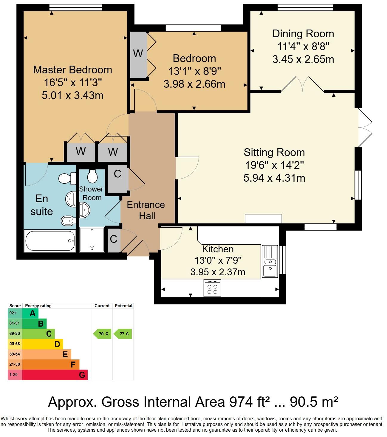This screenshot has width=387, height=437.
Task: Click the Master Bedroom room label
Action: pyautogui.click(x=72, y=70)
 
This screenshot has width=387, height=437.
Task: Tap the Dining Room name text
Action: pyautogui.click(x=303, y=34)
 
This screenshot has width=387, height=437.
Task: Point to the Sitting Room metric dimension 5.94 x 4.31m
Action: pyautogui.click(x=274, y=178)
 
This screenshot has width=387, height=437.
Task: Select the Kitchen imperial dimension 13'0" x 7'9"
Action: pyautogui.click(x=218, y=260)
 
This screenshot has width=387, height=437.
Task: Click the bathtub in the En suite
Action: pyautogui.click(x=50, y=241)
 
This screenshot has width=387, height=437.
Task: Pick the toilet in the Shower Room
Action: pyautogui.click(x=92, y=176)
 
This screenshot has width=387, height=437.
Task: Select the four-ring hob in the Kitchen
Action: pyautogui.click(x=212, y=288)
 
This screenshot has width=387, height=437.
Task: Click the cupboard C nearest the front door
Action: pyautogui.click(x=114, y=240)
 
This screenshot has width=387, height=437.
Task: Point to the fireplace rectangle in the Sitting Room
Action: pyautogui.click(x=263, y=219)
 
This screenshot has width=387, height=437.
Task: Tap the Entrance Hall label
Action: pyautogui.click(x=146, y=210)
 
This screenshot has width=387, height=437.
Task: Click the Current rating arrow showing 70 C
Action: pyautogui.click(x=103, y=334)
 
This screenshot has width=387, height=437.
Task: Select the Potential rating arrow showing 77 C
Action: pyautogui.click(x=123, y=334)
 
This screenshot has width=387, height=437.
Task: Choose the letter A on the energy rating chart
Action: pyautogui.click(x=33, y=314)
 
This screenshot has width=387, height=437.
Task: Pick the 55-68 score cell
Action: pyautogui.click(x=15, y=344)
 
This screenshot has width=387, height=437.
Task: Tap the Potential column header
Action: pyautogui.click(x=123, y=306)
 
